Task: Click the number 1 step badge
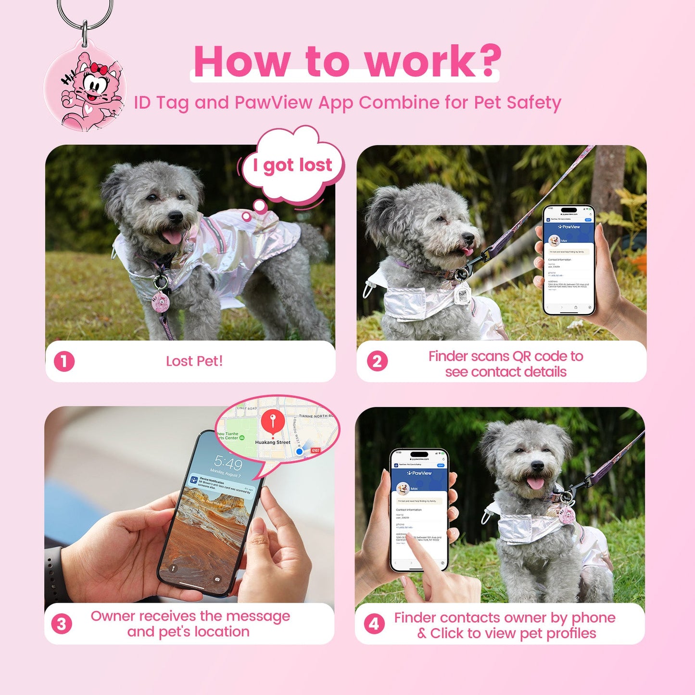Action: pos(64,362)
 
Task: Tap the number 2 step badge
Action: pos(377,361)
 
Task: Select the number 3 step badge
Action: pos(62,624)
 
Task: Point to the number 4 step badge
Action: pos(374,624)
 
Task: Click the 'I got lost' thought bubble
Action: pos(292,165)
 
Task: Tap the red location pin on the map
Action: pos(273,421)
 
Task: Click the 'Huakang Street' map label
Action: pos(273,442)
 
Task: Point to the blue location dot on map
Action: pos(299,452)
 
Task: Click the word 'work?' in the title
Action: pos(432,61)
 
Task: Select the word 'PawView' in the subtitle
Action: pos(273,103)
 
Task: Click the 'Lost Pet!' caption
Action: pos(194,361)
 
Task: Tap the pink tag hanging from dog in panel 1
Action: pos(160,302)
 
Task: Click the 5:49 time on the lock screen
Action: pos(228,463)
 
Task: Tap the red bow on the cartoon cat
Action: pos(99,69)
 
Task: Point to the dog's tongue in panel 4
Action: pos(535,482)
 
